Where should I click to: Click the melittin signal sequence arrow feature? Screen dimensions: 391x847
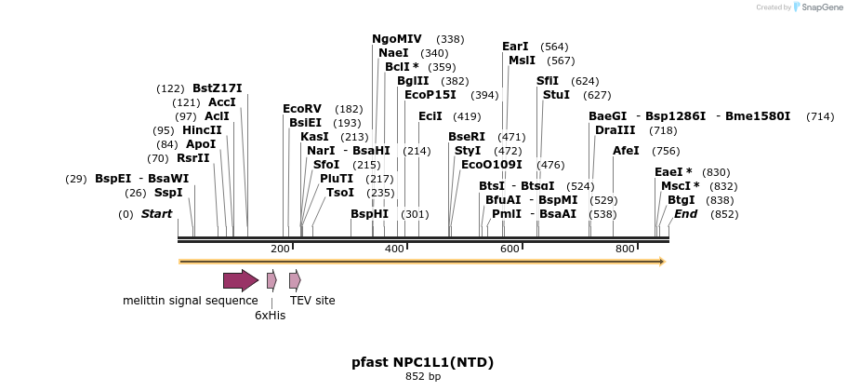pos(240,280)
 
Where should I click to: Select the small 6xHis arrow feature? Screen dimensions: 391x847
pos(271,280)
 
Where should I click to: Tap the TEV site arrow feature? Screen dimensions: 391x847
pos(295,280)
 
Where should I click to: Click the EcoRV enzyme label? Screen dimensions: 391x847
pos(302,109)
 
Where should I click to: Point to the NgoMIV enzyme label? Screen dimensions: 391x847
pos(397,39)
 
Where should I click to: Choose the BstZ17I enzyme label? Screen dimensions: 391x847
pos(218,88)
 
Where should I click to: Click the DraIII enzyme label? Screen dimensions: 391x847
pos(615,130)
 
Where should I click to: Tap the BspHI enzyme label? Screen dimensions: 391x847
pos(369,214)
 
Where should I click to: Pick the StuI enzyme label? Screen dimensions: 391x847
pos(556,95)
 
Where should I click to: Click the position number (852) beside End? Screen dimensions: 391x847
pos(725,214)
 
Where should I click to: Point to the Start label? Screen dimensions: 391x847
pos(156,214)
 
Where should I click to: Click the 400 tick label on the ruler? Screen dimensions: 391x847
pos(395,249)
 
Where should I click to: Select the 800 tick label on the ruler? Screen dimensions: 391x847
pos(625,249)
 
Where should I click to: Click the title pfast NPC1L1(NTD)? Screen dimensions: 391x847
pos(423,362)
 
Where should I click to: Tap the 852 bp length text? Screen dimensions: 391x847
pos(423,377)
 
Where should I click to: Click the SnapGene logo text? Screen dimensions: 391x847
pos(821,7)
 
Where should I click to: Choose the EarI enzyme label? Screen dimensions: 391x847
pos(515,47)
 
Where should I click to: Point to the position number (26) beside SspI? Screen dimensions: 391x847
pos(136,193)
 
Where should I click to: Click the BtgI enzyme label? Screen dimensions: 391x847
pos(682,200)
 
